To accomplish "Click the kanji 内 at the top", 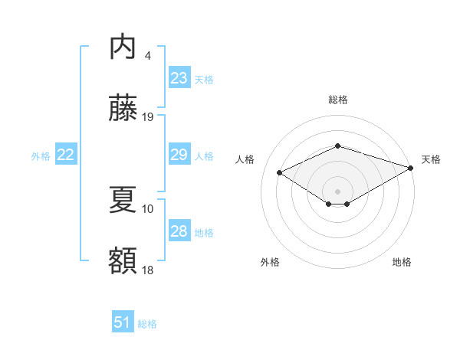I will (123, 48).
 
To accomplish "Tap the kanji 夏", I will (123, 201).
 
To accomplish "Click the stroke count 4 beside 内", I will (147, 55).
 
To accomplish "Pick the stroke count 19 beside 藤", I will (149, 117).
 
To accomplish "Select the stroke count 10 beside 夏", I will (148, 208).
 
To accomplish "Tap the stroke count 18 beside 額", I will (148, 269).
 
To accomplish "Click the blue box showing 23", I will (179, 78).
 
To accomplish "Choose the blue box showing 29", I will (179, 155).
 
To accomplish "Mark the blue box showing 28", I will (179, 231).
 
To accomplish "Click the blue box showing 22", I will (65, 155).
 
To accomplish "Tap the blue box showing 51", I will (123, 322).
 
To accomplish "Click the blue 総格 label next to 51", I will (147, 324).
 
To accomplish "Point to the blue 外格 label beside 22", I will (41, 156).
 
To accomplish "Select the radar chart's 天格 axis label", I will (432, 159).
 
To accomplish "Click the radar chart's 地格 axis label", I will (402, 262).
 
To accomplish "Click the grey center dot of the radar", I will (337, 191).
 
